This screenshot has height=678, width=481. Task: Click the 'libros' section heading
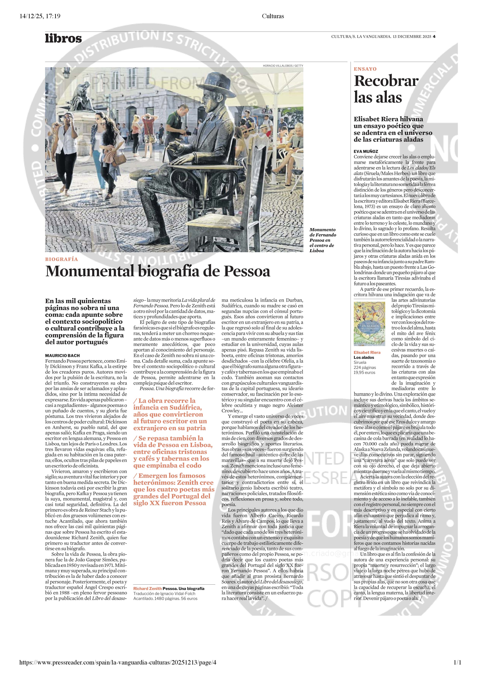63,38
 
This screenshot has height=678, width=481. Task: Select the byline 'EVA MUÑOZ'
366,151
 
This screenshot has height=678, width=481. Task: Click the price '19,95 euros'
364,372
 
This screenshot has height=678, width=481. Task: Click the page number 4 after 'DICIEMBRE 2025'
434,37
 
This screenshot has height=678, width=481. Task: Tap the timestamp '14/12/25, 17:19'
40,16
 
